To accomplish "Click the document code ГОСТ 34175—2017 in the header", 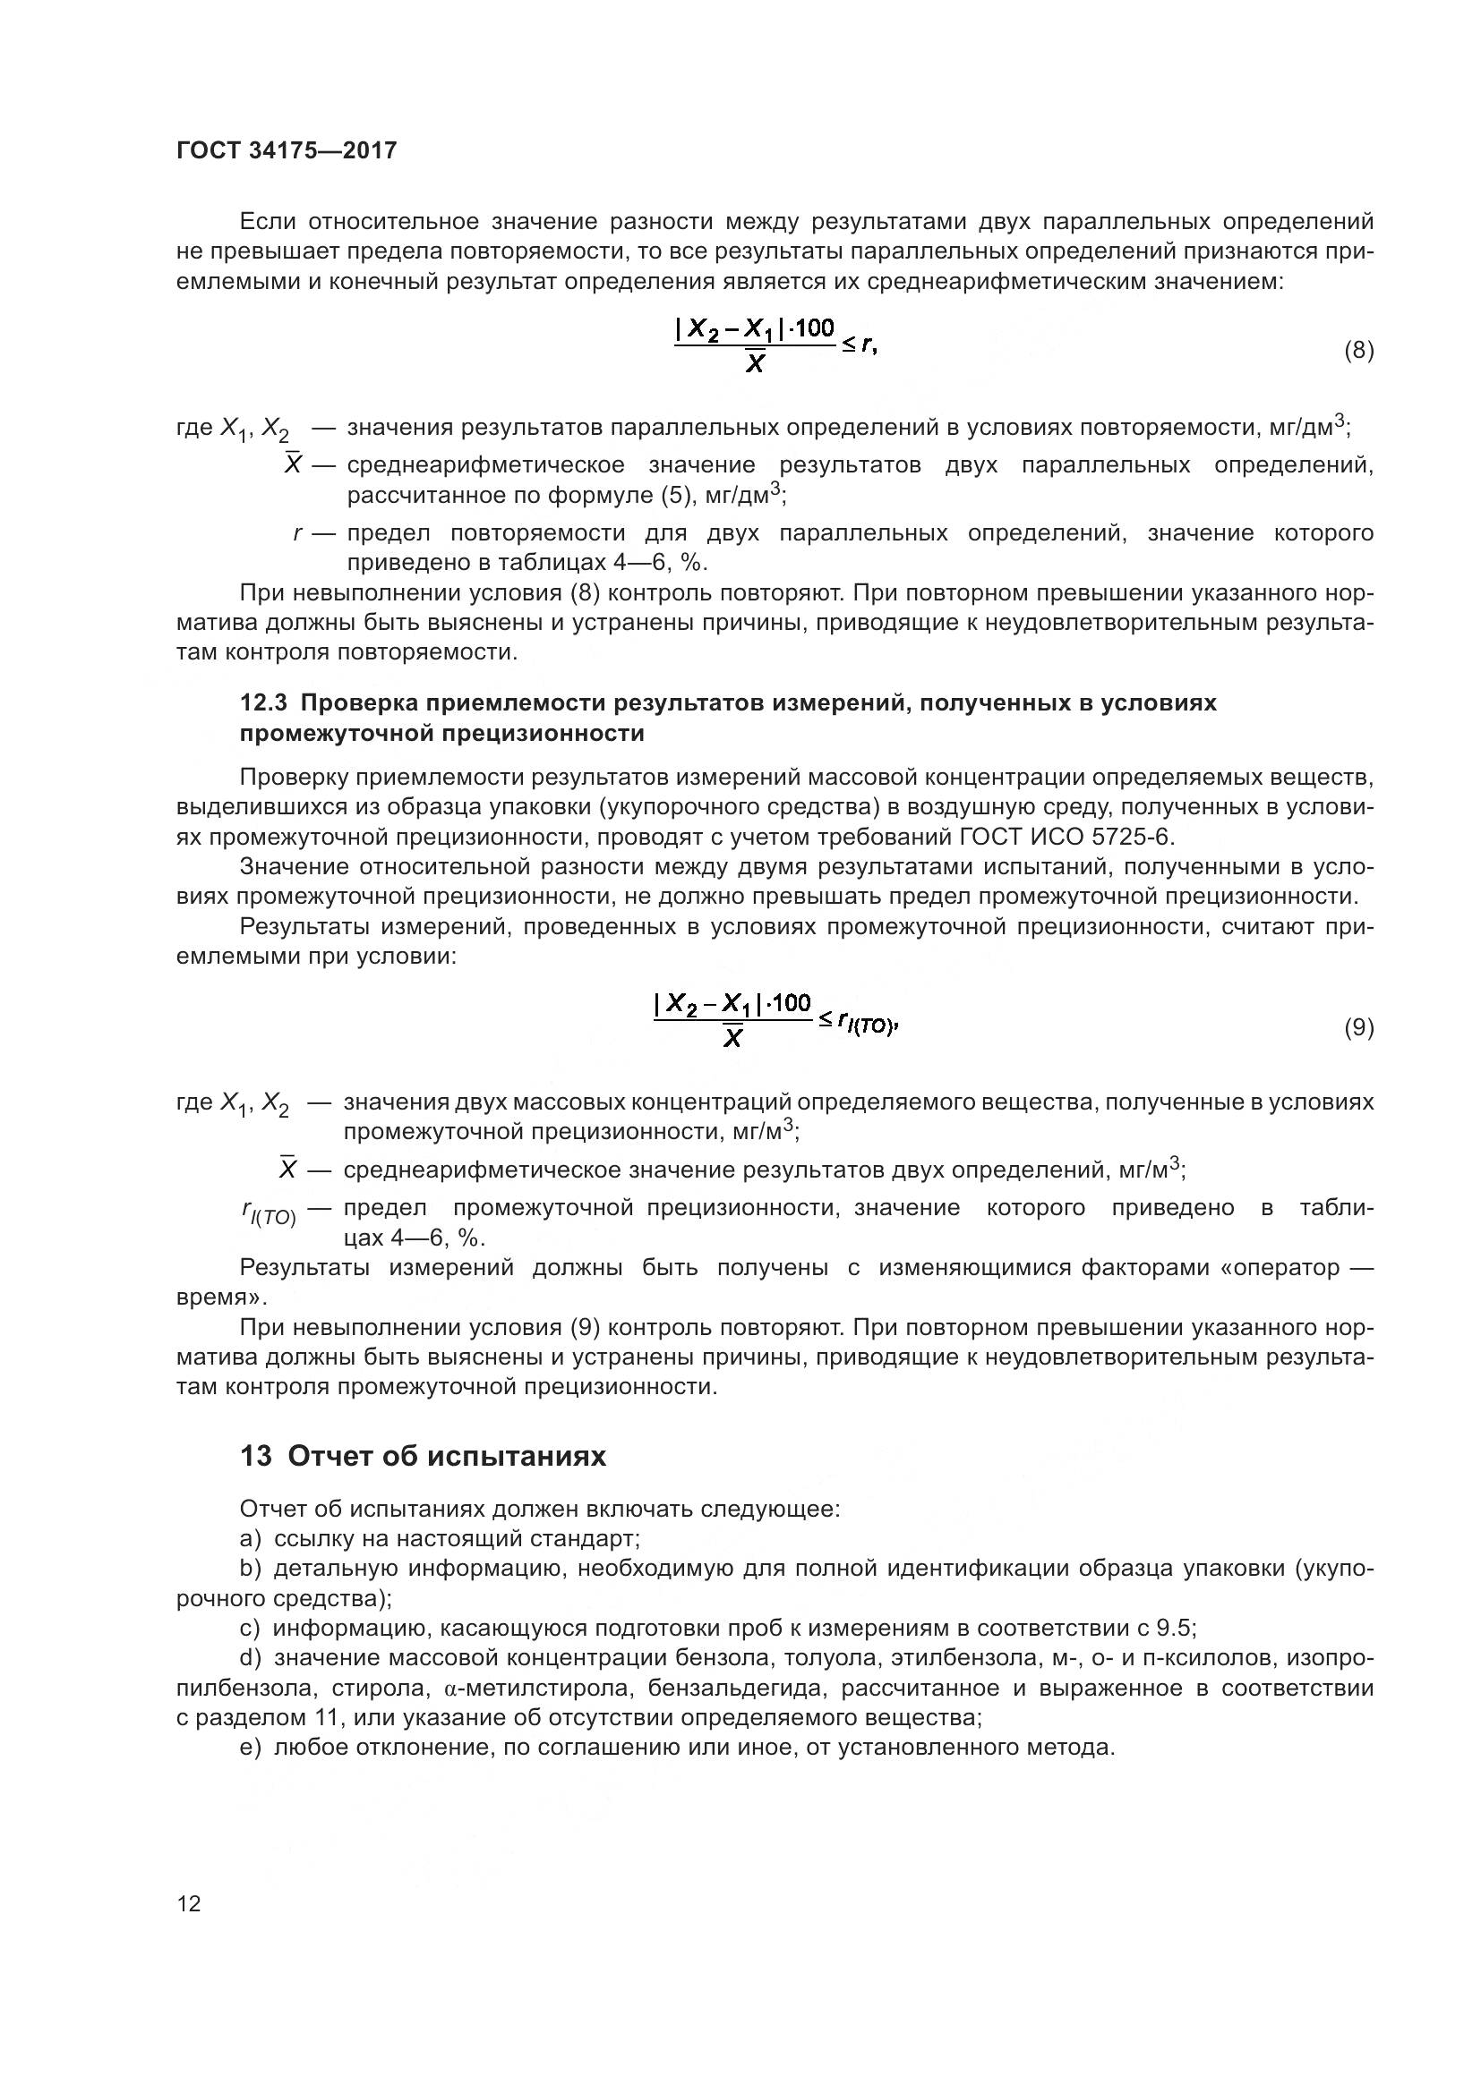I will [x=287, y=150].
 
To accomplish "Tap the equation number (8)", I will [x=1358, y=350].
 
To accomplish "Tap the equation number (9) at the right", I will [x=1358, y=1027].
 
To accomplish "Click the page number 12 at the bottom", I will [x=189, y=1902].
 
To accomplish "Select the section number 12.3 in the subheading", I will [x=263, y=702].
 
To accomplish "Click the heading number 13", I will [x=256, y=1457].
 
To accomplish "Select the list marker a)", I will [x=251, y=1539].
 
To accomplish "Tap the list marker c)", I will [x=251, y=1628].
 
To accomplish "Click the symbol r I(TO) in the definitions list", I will [x=270, y=1213].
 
